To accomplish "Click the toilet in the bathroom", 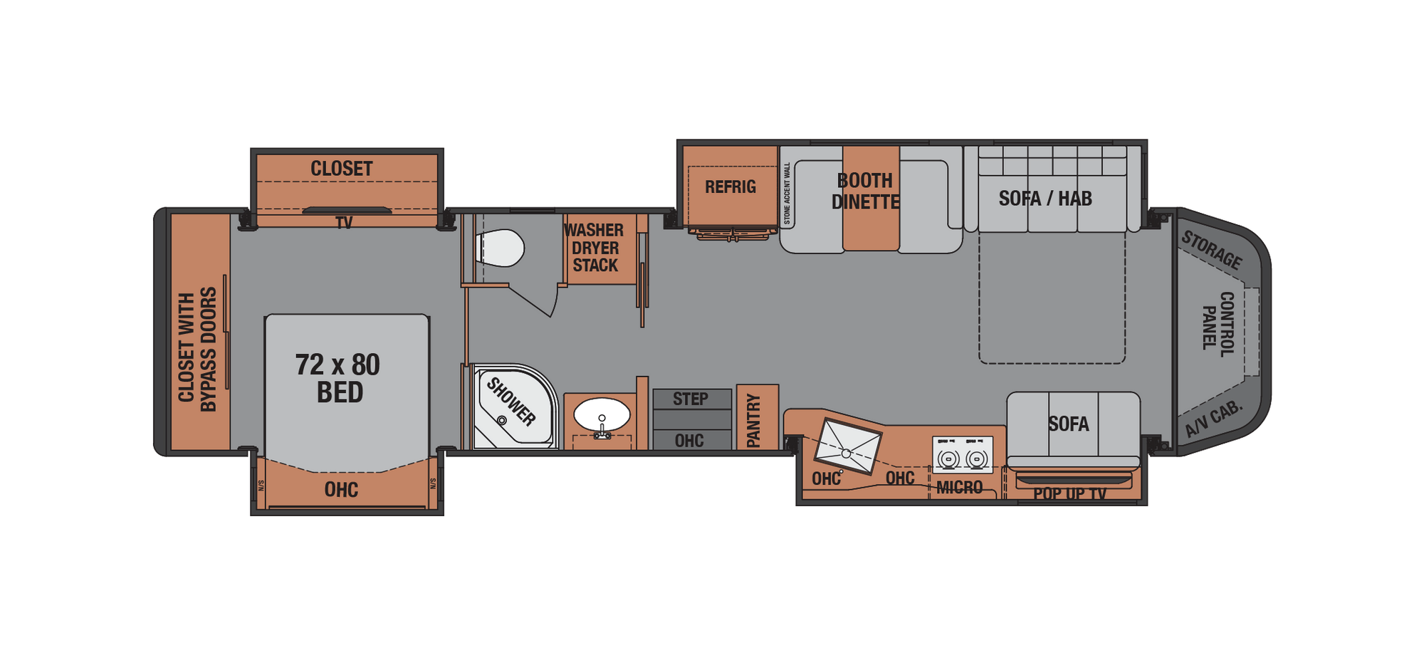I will tap(501, 248).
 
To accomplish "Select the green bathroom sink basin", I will tap(602, 414).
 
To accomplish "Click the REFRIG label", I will tap(730, 187).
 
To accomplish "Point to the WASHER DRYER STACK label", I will tap(595, 248).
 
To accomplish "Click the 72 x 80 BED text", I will tap(339, 378).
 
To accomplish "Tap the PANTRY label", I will tap(754, 421).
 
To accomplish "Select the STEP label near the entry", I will tap(691, 399).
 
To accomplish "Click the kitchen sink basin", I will tap(847, 446).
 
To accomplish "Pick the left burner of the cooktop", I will tap(948, 459).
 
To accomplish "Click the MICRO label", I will tap(959, 488).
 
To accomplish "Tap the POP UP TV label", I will tap(1069, 494).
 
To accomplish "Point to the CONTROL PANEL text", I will tap(1218, 324).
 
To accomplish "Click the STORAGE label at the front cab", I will tap(1212, 250).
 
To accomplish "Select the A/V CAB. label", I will tap(1213, 419).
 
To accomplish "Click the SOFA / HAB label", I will tap(1045, 199).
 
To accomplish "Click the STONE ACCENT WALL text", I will tap(787, 194).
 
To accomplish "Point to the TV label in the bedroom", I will tap(344, 223).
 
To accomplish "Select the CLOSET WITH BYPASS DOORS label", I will tap(197, 349).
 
